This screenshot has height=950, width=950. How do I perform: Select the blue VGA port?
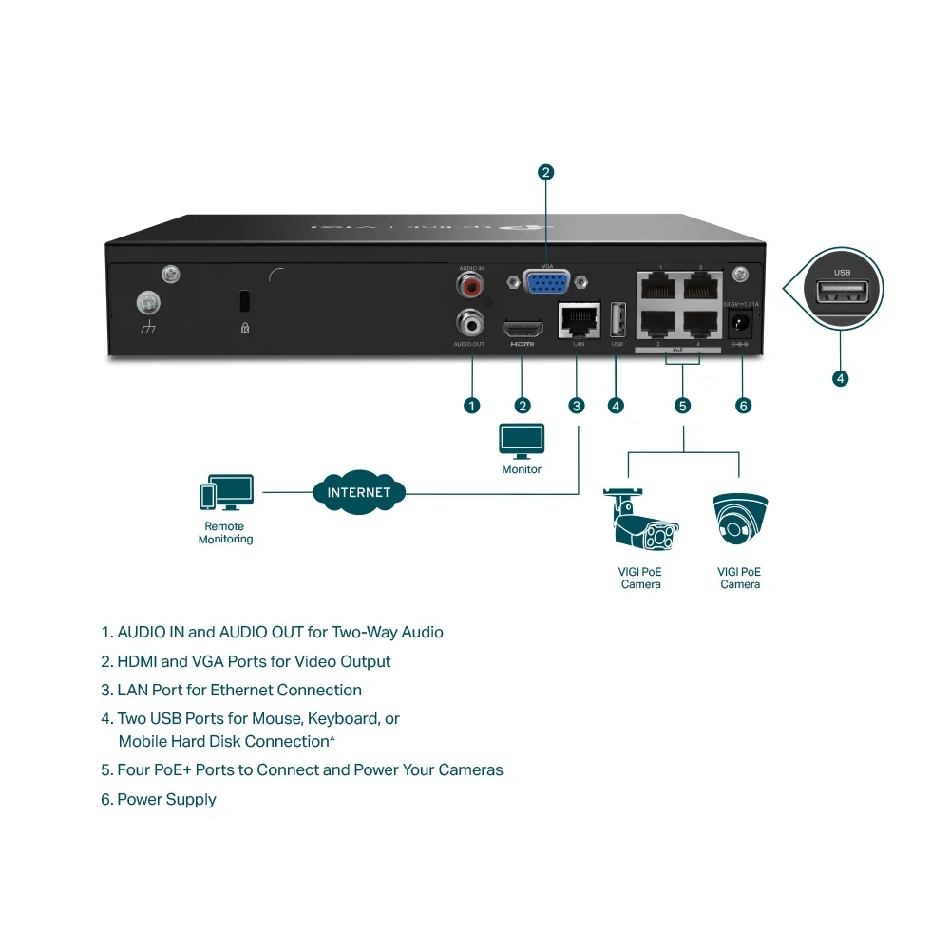tap(548, 283)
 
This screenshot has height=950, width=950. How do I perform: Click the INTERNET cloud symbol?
tap(359, 492)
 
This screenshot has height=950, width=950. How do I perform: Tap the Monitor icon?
tap(522, 440)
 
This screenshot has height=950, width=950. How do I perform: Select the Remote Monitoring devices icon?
tap(226, 493)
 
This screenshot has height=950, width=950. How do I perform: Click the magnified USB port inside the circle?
tap(842, 293)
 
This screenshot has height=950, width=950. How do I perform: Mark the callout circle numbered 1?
tap(471, 406)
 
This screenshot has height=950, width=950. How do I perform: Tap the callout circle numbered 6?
tap(743, 406)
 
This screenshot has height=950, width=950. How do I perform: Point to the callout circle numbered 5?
tap(682, 406)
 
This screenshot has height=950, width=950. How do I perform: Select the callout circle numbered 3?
tap(577, 406)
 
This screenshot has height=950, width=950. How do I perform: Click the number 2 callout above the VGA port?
tap(545, 172)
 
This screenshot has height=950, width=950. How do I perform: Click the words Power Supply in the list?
tap(166, 800)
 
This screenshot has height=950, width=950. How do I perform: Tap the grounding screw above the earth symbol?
tap(148, 303)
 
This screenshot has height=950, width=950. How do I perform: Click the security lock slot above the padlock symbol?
tap(244, 301)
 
